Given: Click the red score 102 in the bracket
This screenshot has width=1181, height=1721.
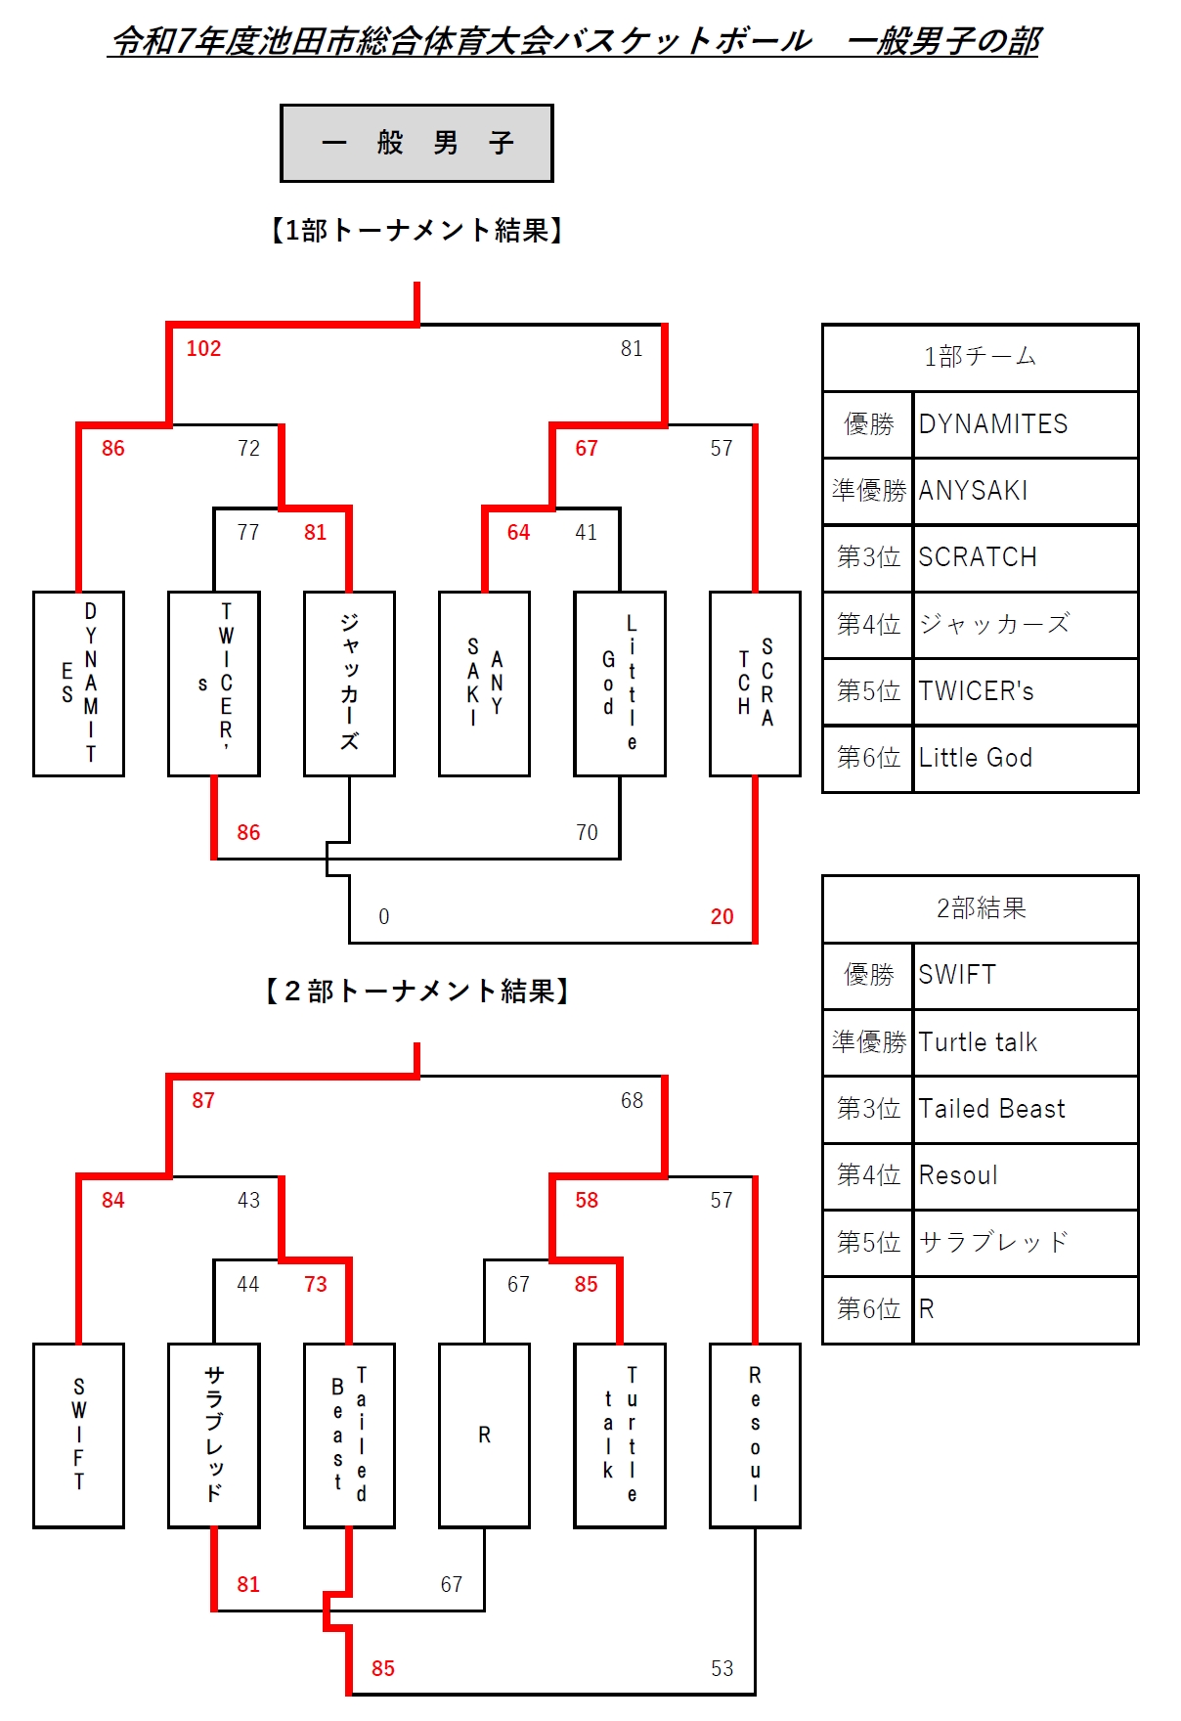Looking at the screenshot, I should [x=203, y=349].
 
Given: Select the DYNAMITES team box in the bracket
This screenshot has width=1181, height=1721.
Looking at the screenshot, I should [x=78, y=684].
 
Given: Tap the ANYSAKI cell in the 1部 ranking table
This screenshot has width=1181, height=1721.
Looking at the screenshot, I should [x=1025, y=491].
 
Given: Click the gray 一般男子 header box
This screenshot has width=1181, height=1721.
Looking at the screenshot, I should [x=416, y=144].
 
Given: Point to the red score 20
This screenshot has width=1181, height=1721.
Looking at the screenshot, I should [x=722, y=917].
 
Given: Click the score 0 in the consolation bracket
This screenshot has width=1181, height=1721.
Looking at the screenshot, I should [x=383, y=917].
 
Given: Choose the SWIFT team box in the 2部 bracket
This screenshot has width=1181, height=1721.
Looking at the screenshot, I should [x=78, y=1434].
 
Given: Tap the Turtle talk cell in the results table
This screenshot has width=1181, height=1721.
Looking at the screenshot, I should [x=1025, y=1042].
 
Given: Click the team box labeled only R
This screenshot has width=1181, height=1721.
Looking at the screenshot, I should [x=484, y=1434].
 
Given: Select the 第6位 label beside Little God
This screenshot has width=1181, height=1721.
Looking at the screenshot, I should [x=868, y=758].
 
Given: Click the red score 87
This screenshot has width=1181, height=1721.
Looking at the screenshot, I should [x=203, y=1101].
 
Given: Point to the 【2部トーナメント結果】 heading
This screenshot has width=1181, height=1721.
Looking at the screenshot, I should [x=417, y=992].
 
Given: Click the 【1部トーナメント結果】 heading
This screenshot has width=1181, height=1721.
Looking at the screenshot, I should [x=417, y=231].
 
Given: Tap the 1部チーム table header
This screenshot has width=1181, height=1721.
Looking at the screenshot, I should [x=980, y=357].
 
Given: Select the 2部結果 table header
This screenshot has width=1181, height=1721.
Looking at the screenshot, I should [x=980, y=908].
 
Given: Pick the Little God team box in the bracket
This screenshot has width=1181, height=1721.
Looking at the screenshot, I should [x=620, y=684].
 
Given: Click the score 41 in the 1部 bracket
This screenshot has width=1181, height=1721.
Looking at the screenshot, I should [x=586, y=533].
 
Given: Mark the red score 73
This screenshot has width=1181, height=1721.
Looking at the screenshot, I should [x=315, y=1285].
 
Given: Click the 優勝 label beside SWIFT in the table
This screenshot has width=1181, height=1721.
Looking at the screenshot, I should [x=868, y=975].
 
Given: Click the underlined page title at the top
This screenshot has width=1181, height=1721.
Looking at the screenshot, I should [x=574, y=41].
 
